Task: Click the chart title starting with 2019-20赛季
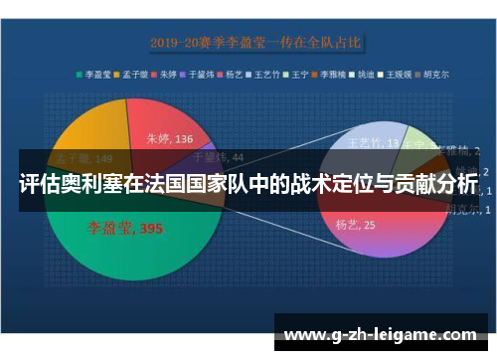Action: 256,43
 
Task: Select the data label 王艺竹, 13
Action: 370,143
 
